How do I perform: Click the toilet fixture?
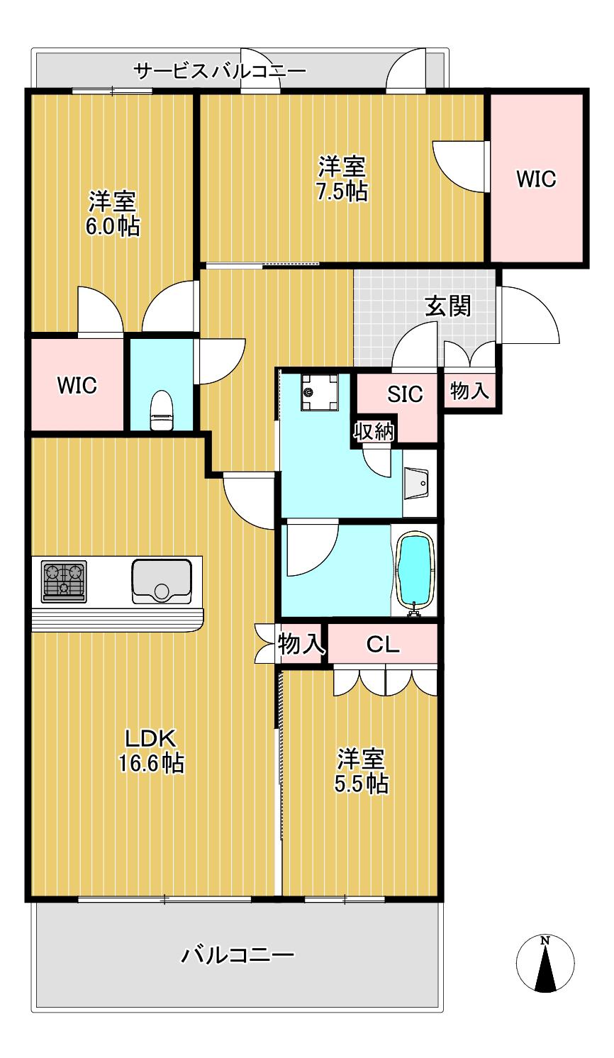point(162,409)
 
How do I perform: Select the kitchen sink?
point(162,581)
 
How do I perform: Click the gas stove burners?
point(64,581)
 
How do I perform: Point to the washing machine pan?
point(320,391)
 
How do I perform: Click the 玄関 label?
point(448,306)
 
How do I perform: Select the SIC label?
point(405,394)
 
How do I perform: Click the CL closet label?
point(383,644)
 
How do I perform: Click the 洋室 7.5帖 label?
point(342,179)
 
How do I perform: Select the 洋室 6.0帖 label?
point(113,213)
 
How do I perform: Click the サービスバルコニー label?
point(220,71)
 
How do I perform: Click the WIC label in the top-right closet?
point(536,179)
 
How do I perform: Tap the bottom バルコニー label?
point(238,954)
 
